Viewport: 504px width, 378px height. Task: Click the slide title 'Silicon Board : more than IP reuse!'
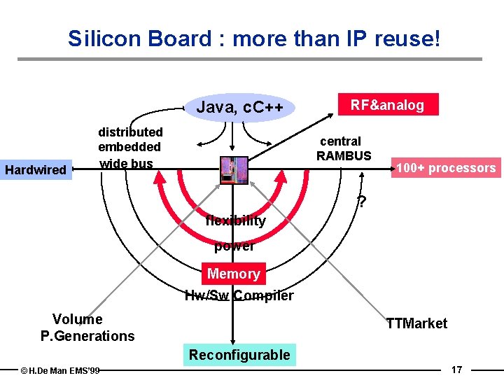(x=254, y=38)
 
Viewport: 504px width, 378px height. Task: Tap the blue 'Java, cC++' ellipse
(x=240, y=108)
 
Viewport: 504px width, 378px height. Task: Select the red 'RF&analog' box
(x=387, y=105)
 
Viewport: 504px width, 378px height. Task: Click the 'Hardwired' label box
(x=36, y=169)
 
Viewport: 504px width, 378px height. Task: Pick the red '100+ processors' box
(x=446, y=168)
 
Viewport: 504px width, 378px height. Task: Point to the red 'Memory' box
(x=234, y=274)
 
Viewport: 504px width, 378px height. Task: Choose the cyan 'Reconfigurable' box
(x=239, y=355)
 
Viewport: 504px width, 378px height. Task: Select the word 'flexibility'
(x=236, y=221)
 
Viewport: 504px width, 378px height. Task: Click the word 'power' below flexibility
(x=234, y=246)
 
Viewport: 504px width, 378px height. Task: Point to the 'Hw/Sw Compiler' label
(x=239, y=295)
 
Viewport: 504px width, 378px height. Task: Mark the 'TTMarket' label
(x=416, y=323)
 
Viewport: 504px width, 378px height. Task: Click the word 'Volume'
(x=77, y=320)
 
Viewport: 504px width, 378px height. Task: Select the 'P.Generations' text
(x=87, y=336)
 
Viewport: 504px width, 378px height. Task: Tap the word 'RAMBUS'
(x=344, y=155)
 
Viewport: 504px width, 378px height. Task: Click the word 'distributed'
(x=130, y=132)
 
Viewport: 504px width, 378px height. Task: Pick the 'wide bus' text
(x=126, y=164)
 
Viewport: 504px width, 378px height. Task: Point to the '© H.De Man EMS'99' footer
(x=60, y=370)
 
